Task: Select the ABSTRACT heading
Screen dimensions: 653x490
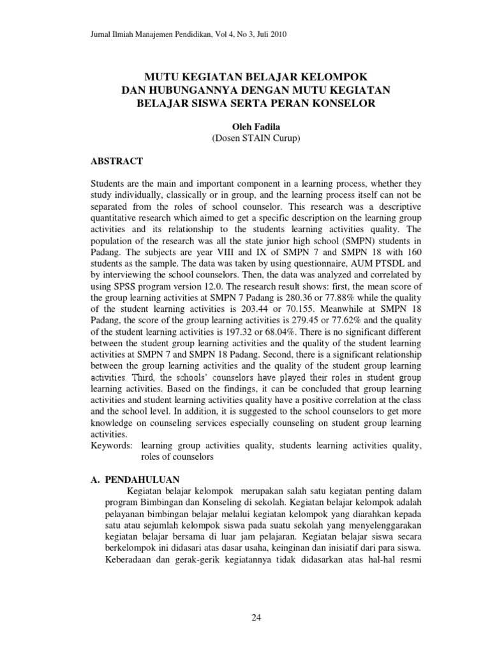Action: coord(118,161)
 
